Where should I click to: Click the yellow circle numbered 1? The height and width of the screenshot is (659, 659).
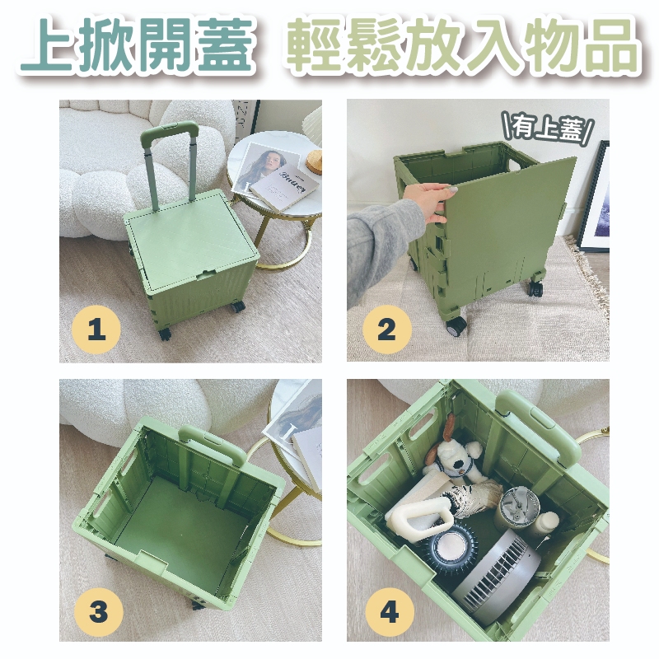coord(96,329)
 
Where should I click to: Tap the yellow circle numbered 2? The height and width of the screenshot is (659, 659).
coord(386,329)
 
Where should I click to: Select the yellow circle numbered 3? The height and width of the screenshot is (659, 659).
coord(98,611)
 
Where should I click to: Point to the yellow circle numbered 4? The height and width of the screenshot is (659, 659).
coord(389,611)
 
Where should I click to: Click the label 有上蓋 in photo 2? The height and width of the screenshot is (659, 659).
coord(548,128)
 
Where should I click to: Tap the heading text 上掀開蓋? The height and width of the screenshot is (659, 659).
coord(138,44)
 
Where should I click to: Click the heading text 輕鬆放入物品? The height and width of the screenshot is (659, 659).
coord(462,44)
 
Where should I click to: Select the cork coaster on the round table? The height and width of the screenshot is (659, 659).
coord(315,161)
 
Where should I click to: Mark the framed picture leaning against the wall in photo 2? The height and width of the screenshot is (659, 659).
coord(594,197)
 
